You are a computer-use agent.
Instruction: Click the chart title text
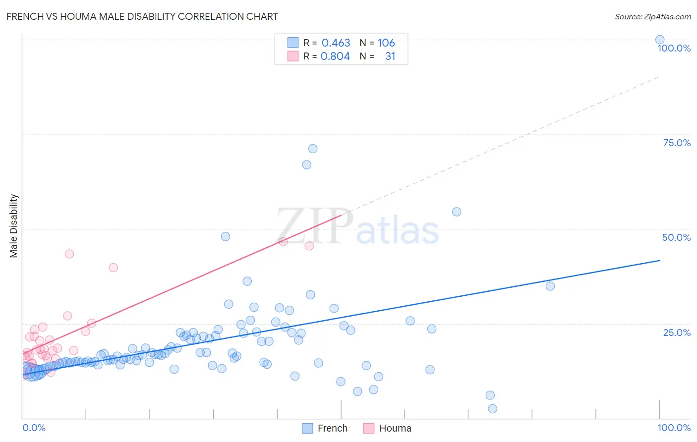142,16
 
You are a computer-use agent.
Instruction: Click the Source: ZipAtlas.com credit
652,17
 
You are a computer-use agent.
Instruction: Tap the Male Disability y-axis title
14,225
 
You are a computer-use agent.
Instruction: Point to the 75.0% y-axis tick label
677,143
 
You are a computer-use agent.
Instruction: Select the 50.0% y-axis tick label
676,237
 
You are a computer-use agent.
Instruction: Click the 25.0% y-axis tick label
677,332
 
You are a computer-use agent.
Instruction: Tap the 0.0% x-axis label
34,428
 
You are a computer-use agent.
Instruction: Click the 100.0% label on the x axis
674,428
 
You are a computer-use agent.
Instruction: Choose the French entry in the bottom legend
325,428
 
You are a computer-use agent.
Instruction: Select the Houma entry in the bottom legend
387,428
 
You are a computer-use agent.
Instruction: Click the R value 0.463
336,43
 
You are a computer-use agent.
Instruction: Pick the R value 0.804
335,56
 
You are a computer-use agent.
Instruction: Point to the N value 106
386,43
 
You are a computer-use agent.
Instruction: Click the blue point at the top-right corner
660,40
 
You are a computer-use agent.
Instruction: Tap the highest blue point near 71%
313,149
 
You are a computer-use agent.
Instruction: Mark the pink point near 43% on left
69,254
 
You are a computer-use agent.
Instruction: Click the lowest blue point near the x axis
492,409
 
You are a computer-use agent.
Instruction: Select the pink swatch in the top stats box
293,56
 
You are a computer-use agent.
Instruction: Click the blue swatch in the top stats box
293,43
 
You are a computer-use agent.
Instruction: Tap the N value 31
390,56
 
